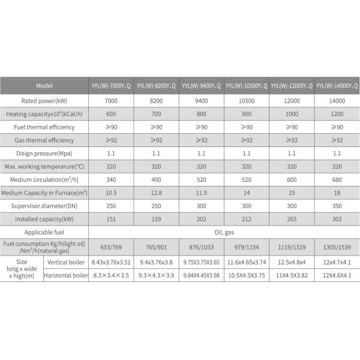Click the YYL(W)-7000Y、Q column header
(111, 86)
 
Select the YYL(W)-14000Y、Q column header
(337, 86)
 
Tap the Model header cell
(44, 86)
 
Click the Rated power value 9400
(202, 100)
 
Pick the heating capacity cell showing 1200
(337, 114)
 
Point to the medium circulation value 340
(111, 179)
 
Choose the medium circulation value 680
(337, 179)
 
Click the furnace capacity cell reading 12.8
(157, 193)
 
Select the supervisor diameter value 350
(337, 206)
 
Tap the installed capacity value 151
(111, 219)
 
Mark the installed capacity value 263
(292, 219)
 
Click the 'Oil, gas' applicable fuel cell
(224, 232)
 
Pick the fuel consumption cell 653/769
(111, 247)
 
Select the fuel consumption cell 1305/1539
(337, 247)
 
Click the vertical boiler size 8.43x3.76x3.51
(111, 262)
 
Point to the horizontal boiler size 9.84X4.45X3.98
(202, 275)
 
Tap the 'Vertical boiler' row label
(66, 262)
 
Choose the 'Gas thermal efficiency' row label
(44, 140)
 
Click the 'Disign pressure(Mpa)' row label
(44, 153)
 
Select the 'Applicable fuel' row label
(44, 232)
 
